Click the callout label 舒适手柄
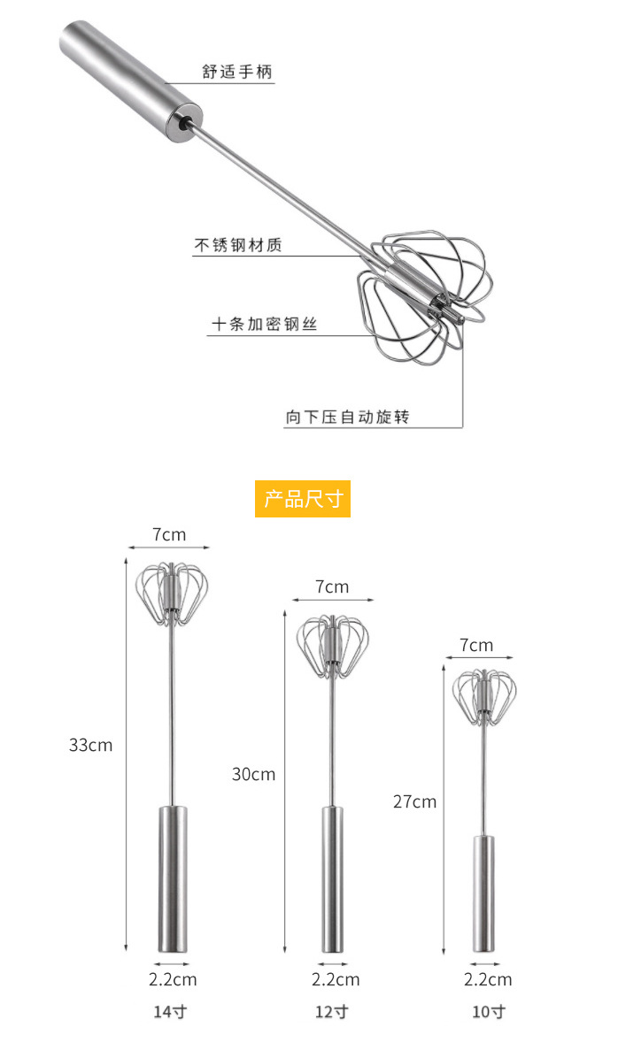(x=236, y=72)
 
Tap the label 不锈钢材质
(x=238, y=244)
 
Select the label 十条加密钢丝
(x=264, y=325)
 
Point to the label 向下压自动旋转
(x=347, y=417)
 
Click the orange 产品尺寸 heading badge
(x=303, y=498)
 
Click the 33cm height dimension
(x=90, y=745)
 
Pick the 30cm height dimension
(x=253, y=774)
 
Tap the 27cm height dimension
(x=414, y=801)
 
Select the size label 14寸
(x=170, y=1011)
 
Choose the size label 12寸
(x=332, y=1011)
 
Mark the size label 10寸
(x=489, y=1011)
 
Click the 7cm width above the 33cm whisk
(x=169, y=534)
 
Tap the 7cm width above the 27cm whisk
(x=476, y=645)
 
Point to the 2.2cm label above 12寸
(x=336, y=979)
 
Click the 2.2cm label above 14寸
(x=173, y=979)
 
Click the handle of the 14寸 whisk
(x=173, y=878)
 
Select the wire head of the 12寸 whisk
(x=333, y=645)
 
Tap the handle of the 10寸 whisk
(x=483, y=893)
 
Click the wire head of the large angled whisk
(x=424, y=295)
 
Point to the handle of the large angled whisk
(x=130, y=78)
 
